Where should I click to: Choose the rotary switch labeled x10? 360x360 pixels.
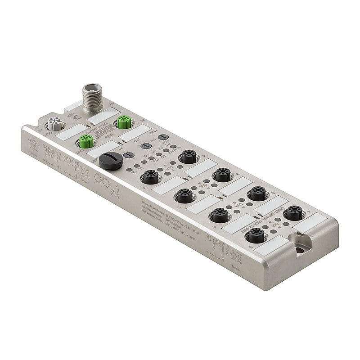[145, 146]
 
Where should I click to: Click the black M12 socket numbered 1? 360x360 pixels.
[294, 211]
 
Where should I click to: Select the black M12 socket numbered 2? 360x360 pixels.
[257, 193]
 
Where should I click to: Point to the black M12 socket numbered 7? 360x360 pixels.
[184, 196]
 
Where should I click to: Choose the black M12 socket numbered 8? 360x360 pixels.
[148, 177]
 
